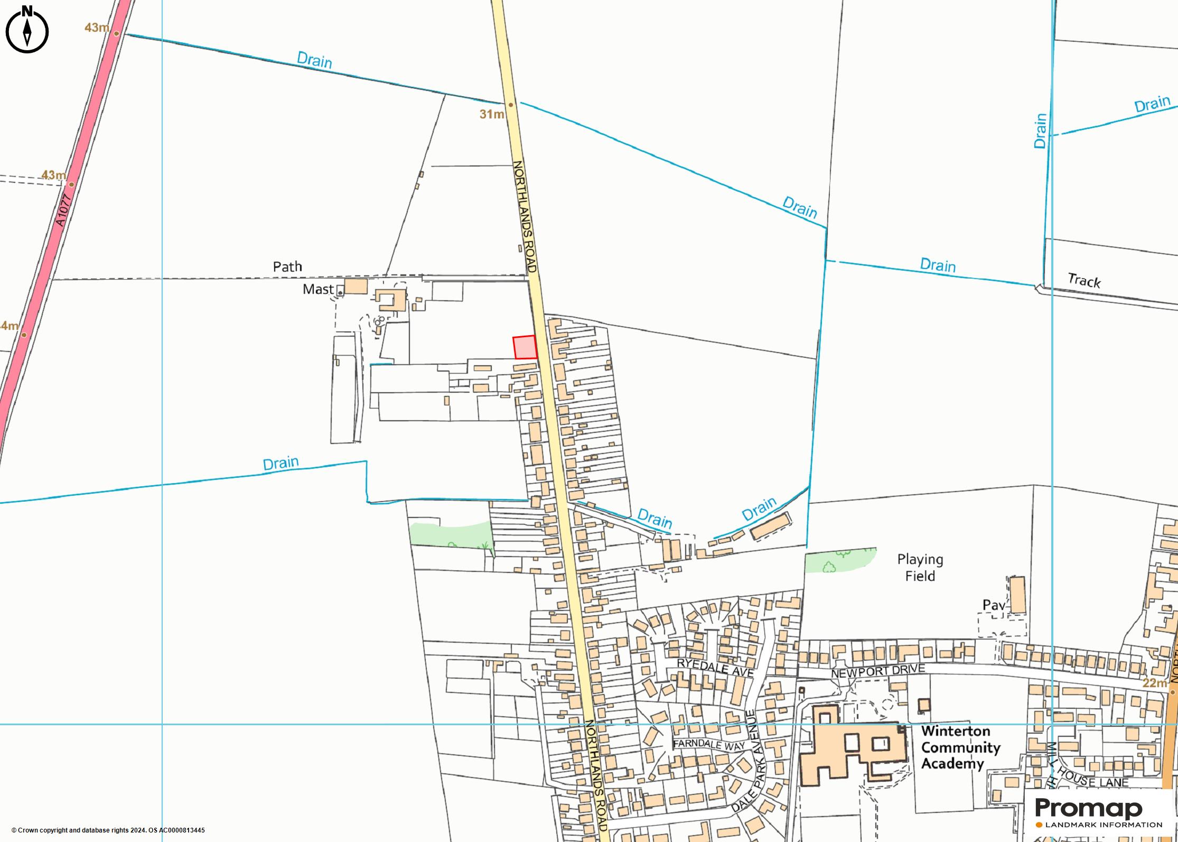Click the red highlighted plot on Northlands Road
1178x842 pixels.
[x=525, y=347]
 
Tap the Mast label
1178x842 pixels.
[x=317, y=289]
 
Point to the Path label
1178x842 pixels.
[x=287, y=266]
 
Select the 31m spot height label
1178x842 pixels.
[x=491, y=114]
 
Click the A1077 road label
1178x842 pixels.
[x=62, y=210]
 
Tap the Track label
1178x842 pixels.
[x=1084, y=281]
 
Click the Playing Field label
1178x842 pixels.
[x=920, y=568]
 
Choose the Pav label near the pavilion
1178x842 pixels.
[x=993, y=605]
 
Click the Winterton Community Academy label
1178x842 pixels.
[x=960, y=747]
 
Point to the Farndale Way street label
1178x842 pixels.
[x=708, y=744]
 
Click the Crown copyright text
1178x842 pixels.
[x=108, y=830]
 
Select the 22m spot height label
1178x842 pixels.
[x=1154, y=683]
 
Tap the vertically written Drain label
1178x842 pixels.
[x=1040, y=131]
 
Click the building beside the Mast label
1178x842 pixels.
[x=356, y=286]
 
